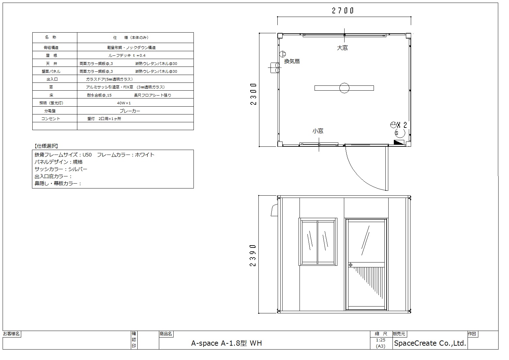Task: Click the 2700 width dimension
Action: [x=343, y=11]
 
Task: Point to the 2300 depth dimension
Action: [x=254, y=94]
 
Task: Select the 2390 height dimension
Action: [x=253, y=255]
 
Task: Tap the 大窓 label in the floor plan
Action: [x=342, y=48]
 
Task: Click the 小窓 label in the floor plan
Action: [x=318, y=131]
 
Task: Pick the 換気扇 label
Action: [x=292, y=61]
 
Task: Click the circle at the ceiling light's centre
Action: [x=344, y=88]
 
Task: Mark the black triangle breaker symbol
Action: [x=399, y=142]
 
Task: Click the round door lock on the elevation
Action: [x=350, y=265]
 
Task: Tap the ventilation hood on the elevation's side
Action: [x=274, y=210]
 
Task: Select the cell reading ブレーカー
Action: [x=130, y=111]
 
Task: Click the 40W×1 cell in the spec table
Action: [x=124, y=103]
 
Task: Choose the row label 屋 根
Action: [x=51, y=55]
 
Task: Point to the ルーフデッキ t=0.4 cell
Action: [x=127, y=55]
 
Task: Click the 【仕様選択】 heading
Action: [x=46, y=146]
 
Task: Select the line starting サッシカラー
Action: [x=61, y=169]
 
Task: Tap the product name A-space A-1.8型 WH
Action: [x=226, y=343]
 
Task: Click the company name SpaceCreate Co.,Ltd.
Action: [x=430, y=343]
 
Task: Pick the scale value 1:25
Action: [x=380, y=340]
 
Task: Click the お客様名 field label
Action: [x=11, y=334]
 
